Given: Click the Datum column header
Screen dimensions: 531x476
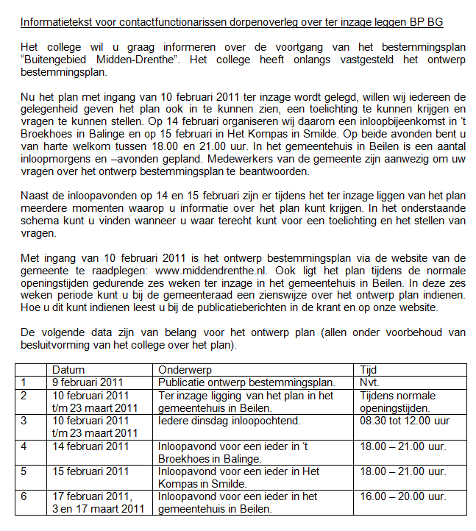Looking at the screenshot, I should pyautogui.click(x=68, y=370).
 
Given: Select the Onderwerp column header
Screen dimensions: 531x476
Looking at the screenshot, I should pyautogui.click(x=183, y=370).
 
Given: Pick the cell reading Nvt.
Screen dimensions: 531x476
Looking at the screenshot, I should pyautogui.click(x=369, y=382).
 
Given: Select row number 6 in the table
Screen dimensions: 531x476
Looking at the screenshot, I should pyautogui.click(x=24, y=496).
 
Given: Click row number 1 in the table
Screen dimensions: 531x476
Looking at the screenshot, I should pyautogui.click(x=24, y=382).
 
